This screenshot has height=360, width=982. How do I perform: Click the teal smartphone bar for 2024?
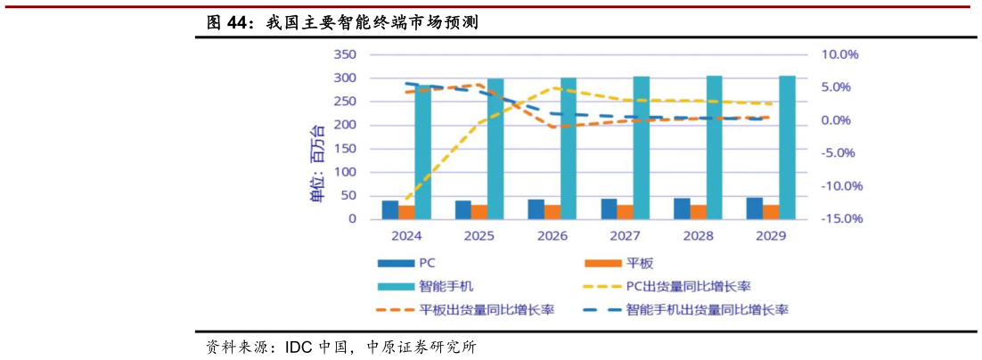pos(422,151)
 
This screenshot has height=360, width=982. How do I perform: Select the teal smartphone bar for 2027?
pos(641,148)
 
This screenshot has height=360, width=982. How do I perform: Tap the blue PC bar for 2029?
pos(754,208)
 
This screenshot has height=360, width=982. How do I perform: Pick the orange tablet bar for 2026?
pos(552,211)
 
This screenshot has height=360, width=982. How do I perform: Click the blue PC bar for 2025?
pos(463,209)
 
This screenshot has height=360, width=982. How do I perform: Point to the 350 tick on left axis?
pos(344,54)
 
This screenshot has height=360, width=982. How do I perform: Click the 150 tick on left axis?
pos(344,149)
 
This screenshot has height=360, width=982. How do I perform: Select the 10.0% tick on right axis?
pos(839,54)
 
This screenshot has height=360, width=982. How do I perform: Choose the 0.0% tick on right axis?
pos(839,120)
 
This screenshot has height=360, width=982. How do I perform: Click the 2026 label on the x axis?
pos(552,237)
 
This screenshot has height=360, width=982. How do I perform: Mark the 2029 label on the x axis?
pos(771,237)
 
